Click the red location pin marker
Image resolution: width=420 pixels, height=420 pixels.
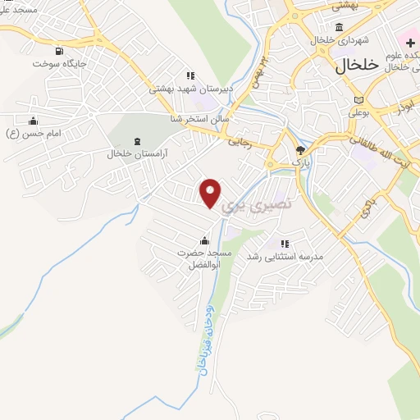(x=210, y=193)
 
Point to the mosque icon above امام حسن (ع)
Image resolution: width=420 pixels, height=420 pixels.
(x=34, y=120)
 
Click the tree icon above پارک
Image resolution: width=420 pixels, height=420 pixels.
(x=301, y=150)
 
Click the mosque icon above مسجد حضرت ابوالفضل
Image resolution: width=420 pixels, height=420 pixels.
(x=204, y=240)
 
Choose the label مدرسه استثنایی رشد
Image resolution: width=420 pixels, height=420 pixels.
(x=290, y=257)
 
